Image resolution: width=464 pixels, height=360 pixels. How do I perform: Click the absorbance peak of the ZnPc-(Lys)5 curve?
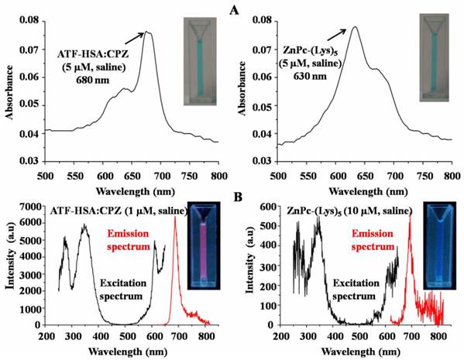[x=354, y=27]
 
